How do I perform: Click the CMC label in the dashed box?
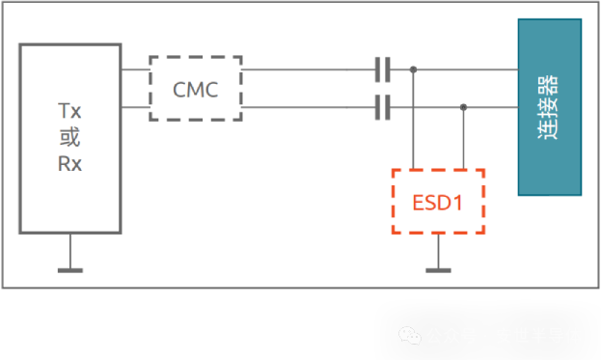pos(196,90)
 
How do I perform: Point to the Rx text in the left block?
pos(69,163)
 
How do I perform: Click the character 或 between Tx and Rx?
pos(69,138)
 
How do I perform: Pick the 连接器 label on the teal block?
pos(549,106)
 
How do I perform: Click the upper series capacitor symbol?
pos(382,69)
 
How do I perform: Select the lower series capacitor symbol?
pos(382,107)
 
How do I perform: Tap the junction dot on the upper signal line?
pos(414,69)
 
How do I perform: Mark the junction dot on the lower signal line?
pos(464,107)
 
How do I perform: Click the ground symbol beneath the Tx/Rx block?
pos(69,267)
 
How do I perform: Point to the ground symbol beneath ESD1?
pos(438,267)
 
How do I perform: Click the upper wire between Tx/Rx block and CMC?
pos(135,69)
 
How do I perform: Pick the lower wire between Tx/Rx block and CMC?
pos(135,107)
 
